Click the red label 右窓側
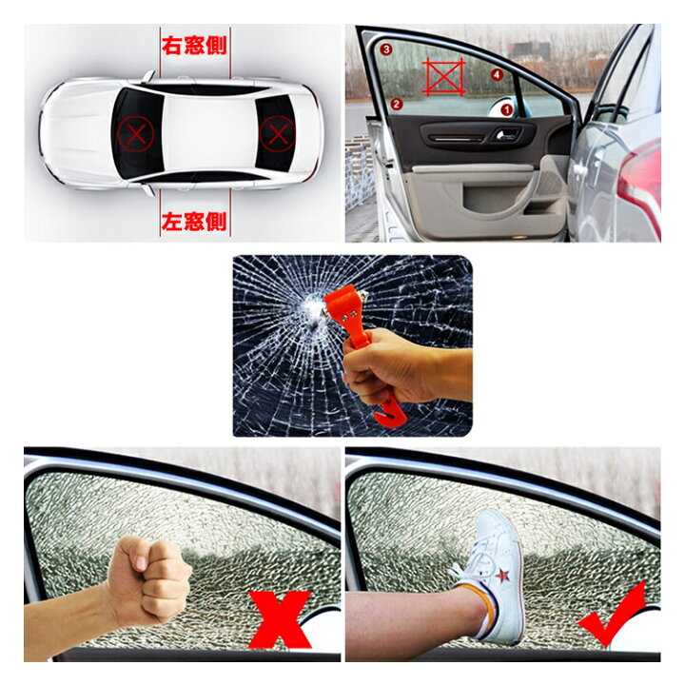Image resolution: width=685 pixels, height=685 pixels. [194, 46]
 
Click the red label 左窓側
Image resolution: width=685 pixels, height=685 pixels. [194, 222]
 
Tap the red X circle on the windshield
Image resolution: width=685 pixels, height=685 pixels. [136, 134]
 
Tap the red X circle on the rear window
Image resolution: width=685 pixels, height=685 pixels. [278, 134]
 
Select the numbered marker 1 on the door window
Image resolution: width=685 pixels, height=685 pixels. [506, 109]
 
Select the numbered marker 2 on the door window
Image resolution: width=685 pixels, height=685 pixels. [396, 104]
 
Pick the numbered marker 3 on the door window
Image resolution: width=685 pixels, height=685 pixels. [385, 49]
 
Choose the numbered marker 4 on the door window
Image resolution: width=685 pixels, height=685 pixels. [497, 75]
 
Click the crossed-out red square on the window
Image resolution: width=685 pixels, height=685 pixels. [443, 77]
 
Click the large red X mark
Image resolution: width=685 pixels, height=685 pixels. [280, 619]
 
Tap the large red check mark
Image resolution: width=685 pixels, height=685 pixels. [613, 615]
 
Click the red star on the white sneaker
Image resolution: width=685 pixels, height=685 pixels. [502, 576]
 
